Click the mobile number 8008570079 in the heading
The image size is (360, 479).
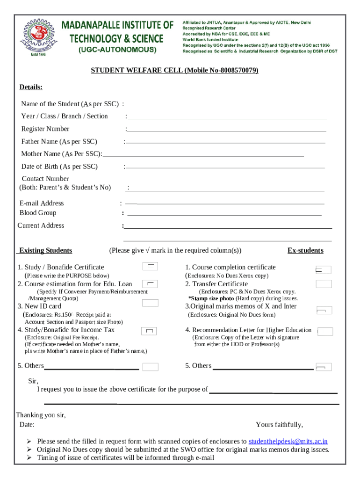(237, 71)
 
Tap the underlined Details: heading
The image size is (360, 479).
(31, 87)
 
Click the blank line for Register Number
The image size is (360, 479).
(226, 131)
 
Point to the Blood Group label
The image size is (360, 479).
(38, 213)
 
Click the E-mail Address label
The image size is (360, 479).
(42, 203)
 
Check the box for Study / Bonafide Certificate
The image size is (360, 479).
(150, 267)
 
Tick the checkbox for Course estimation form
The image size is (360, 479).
(150, 283)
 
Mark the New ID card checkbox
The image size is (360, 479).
(150, 303)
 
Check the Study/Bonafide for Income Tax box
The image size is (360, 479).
(150, 331)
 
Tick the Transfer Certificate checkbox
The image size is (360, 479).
(324, 284)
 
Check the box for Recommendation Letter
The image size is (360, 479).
(325, 332)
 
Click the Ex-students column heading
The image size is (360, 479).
(305, 251)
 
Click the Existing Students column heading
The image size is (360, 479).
(44, 251)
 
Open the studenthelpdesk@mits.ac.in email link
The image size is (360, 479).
(288, 441)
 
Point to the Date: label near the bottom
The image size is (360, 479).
(27, 425)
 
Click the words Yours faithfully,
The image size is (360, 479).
(279, 425)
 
